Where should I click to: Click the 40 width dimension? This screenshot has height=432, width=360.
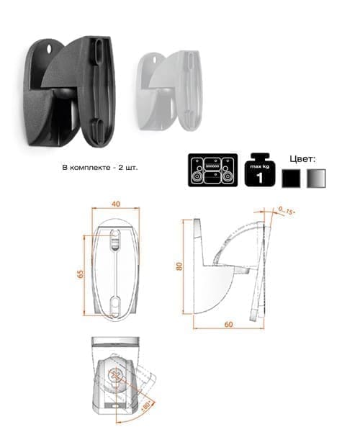tap(116, 204)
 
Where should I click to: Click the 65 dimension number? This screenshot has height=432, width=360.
tap(81, 274)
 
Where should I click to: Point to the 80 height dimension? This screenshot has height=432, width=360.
tap(179, 266)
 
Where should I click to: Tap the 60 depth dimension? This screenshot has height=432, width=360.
tap(229, 324)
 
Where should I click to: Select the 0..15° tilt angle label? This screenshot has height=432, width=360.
tap(287, 211)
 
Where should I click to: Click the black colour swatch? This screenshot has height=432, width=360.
tap(291, 179)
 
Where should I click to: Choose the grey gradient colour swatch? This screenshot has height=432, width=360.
tap(316, 179)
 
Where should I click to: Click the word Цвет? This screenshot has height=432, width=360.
tap(302, 159)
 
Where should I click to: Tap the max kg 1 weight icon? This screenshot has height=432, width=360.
tap(260, 170)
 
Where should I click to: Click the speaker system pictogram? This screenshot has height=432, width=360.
tap(213, 170)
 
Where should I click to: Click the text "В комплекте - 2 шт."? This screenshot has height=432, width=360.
tap(99, 168)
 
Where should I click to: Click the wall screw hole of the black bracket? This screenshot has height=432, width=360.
tap(50, 49)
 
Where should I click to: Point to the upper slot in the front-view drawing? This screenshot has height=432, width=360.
tap(115, 240)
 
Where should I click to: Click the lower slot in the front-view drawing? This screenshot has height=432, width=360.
tap(115, 306)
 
